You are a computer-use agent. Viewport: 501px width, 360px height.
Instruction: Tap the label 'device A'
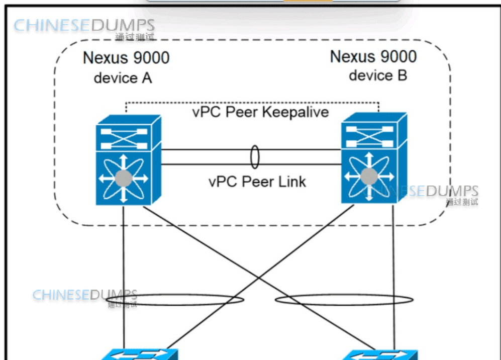[x=123, y=78]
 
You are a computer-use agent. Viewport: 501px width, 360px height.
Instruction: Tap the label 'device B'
[x=378, y=76]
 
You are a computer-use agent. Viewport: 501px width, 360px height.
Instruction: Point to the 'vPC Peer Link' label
[x=257, y=181]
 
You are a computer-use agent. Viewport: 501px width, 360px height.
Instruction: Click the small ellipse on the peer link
[x=255, y=157]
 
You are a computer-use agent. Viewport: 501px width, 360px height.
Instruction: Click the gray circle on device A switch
[x=123, y=177]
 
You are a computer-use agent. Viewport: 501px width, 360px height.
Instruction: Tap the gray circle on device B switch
[x=369, y=176]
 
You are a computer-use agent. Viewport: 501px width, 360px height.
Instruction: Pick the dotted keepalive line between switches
[x=251, y=103]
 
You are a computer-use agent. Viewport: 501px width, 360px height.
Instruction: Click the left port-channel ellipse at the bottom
[x=176, y=301]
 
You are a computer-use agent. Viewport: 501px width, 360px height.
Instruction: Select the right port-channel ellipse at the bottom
[x=344, y=300]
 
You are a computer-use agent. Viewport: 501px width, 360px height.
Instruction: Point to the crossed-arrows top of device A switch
[x=124, y=134]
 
